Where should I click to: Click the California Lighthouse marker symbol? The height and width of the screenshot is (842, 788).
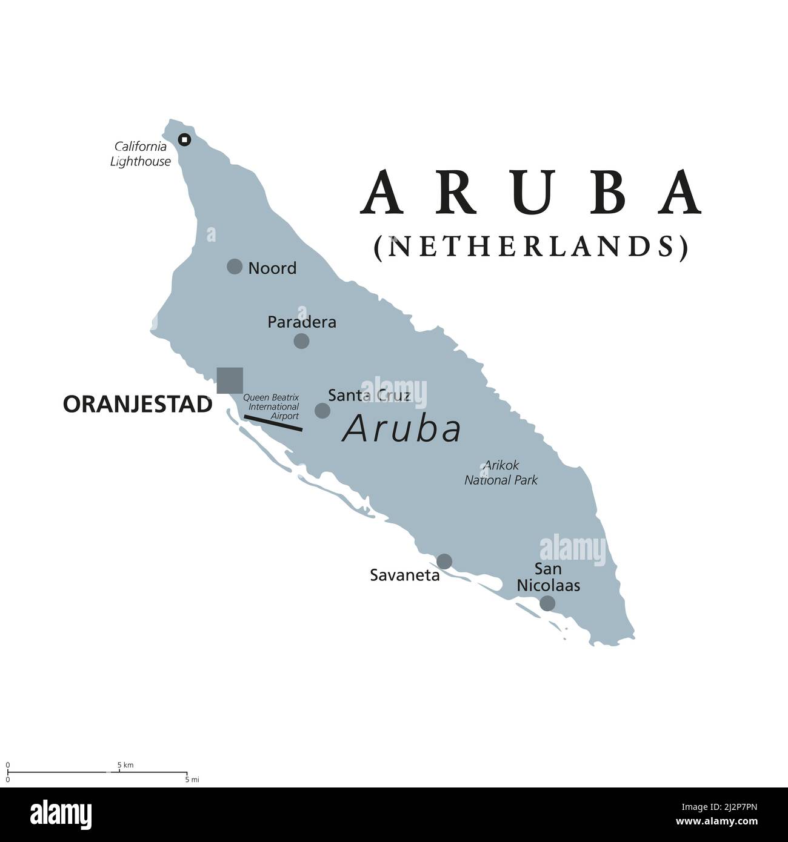(184, 140)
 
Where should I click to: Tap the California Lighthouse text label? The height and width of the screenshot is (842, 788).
(141, 154)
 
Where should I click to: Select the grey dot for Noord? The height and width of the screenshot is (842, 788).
(235, 266)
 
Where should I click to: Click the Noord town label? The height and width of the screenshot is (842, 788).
(272, 268)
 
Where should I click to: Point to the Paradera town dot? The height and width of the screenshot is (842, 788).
(301, 340)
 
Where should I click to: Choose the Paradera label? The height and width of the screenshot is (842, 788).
(302, 322)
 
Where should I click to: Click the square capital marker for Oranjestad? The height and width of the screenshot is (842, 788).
(230, 380)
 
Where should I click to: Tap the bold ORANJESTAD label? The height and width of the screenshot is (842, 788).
(138, 405)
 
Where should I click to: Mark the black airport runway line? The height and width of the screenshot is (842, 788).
(273, 423)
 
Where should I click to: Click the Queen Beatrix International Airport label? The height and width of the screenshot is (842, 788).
(271, 406)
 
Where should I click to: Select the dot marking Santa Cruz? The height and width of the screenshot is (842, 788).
(322, 411)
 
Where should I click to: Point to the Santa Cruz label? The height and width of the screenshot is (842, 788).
(369, 396)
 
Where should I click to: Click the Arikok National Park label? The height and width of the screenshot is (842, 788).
(501, 472)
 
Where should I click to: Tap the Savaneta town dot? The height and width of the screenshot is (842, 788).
(444, 561)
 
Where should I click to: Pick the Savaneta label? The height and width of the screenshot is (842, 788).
(405, 575)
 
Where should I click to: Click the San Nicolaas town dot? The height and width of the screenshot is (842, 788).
(547, 603)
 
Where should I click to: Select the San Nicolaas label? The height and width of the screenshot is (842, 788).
(548, 577)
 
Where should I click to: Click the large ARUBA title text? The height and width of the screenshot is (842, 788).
(531, 192)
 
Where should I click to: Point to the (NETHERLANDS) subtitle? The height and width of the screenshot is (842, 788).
(531, 247)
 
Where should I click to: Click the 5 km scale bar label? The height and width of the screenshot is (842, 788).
(125, 765)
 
